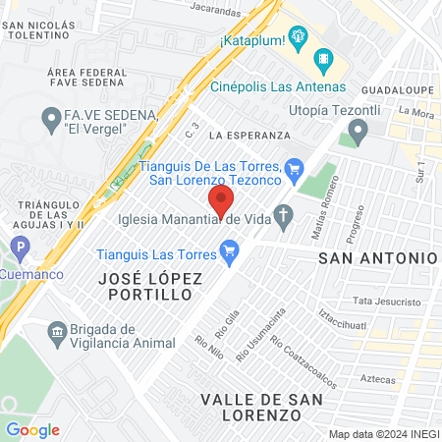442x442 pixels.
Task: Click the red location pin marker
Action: tap(221, 203)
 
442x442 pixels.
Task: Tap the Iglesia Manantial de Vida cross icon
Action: tap(285, 218)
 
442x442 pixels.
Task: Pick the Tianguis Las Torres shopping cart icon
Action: tap(231, 254)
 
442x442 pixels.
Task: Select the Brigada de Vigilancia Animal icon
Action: tap(55, 331)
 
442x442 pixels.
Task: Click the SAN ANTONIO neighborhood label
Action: tap(377, 256)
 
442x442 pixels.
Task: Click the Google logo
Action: tap(32, 429)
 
